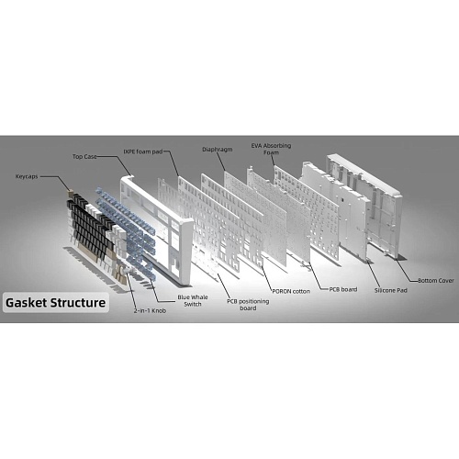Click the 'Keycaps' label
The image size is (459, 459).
point(27,176)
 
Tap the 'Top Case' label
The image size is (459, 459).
point(84,156)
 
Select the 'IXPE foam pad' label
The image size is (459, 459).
point(143,151)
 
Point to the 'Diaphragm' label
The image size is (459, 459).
point(218,150)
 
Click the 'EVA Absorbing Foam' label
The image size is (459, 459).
point(271,149)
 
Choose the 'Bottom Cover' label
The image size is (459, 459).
point(436,280)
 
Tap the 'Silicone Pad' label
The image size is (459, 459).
point(391,290)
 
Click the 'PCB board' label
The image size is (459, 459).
point(343,289)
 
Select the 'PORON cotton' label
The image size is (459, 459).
point(291,291)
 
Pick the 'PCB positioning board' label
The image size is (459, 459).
point(248,305)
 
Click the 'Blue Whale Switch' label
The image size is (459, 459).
point(193,300)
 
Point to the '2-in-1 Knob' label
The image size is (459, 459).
point(150,310)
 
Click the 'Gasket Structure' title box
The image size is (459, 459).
point(56,303)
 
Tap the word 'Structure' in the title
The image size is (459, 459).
point(78,303)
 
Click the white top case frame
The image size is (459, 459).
point(185,245)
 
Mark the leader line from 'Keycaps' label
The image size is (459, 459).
point(58,181)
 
